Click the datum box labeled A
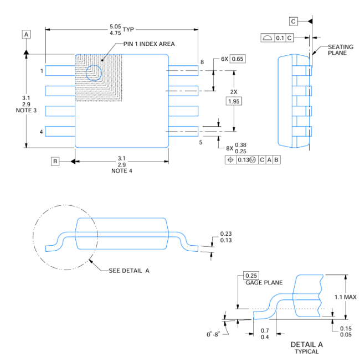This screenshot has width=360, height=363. tap(26, 34)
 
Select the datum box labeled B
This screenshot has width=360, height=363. tap(55, 161)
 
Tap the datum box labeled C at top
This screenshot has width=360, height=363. tap(294, 21)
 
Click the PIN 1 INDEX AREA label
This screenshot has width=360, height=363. tap(149, 44)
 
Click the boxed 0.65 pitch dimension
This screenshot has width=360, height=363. tap(238, 59)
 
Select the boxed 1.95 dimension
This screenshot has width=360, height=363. tap(234, 101)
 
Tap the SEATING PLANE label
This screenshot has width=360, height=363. tap(341, 50)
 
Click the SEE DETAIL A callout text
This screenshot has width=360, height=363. tap(129, 271)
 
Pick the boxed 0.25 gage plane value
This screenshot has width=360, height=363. tap(251, 276)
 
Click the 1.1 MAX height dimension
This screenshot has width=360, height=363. tap(346, 297)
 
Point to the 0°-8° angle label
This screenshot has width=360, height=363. tap(213, 334)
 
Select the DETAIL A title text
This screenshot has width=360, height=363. tap(306, 345)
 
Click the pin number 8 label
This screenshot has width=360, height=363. tap(202, 62)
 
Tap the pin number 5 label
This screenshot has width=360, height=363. tap(200, 142)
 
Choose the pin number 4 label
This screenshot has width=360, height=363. tap(41, 132)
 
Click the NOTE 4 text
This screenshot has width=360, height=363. tap(122, 171)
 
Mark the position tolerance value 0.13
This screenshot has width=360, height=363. tap(244, 160)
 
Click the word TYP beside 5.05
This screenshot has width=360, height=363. tap(128, 29)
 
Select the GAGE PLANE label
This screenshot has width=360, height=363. tap(264, 283)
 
